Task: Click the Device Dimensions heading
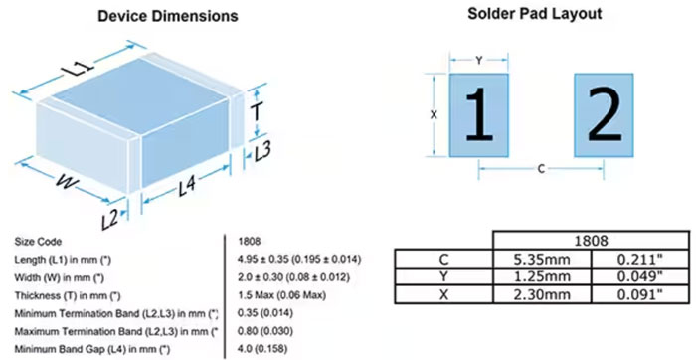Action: point(168,17)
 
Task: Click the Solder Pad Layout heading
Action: point(535,14)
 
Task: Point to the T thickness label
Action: point(257,111)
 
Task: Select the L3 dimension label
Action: point(261,152)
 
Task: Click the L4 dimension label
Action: point(187,186)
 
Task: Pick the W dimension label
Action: point(67,182)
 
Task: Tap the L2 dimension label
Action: point(109,219)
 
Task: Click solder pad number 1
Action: point(479,115)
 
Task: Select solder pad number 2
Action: point(604,115)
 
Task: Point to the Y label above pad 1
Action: point(479,61)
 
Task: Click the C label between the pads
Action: point(541,169)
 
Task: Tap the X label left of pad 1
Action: point(434,115)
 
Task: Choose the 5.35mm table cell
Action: point(542,259)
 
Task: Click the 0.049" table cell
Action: point(640,276)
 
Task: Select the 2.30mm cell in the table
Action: point(542,294)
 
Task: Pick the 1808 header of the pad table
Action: point(591,241)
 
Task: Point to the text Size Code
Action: point(38,242)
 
